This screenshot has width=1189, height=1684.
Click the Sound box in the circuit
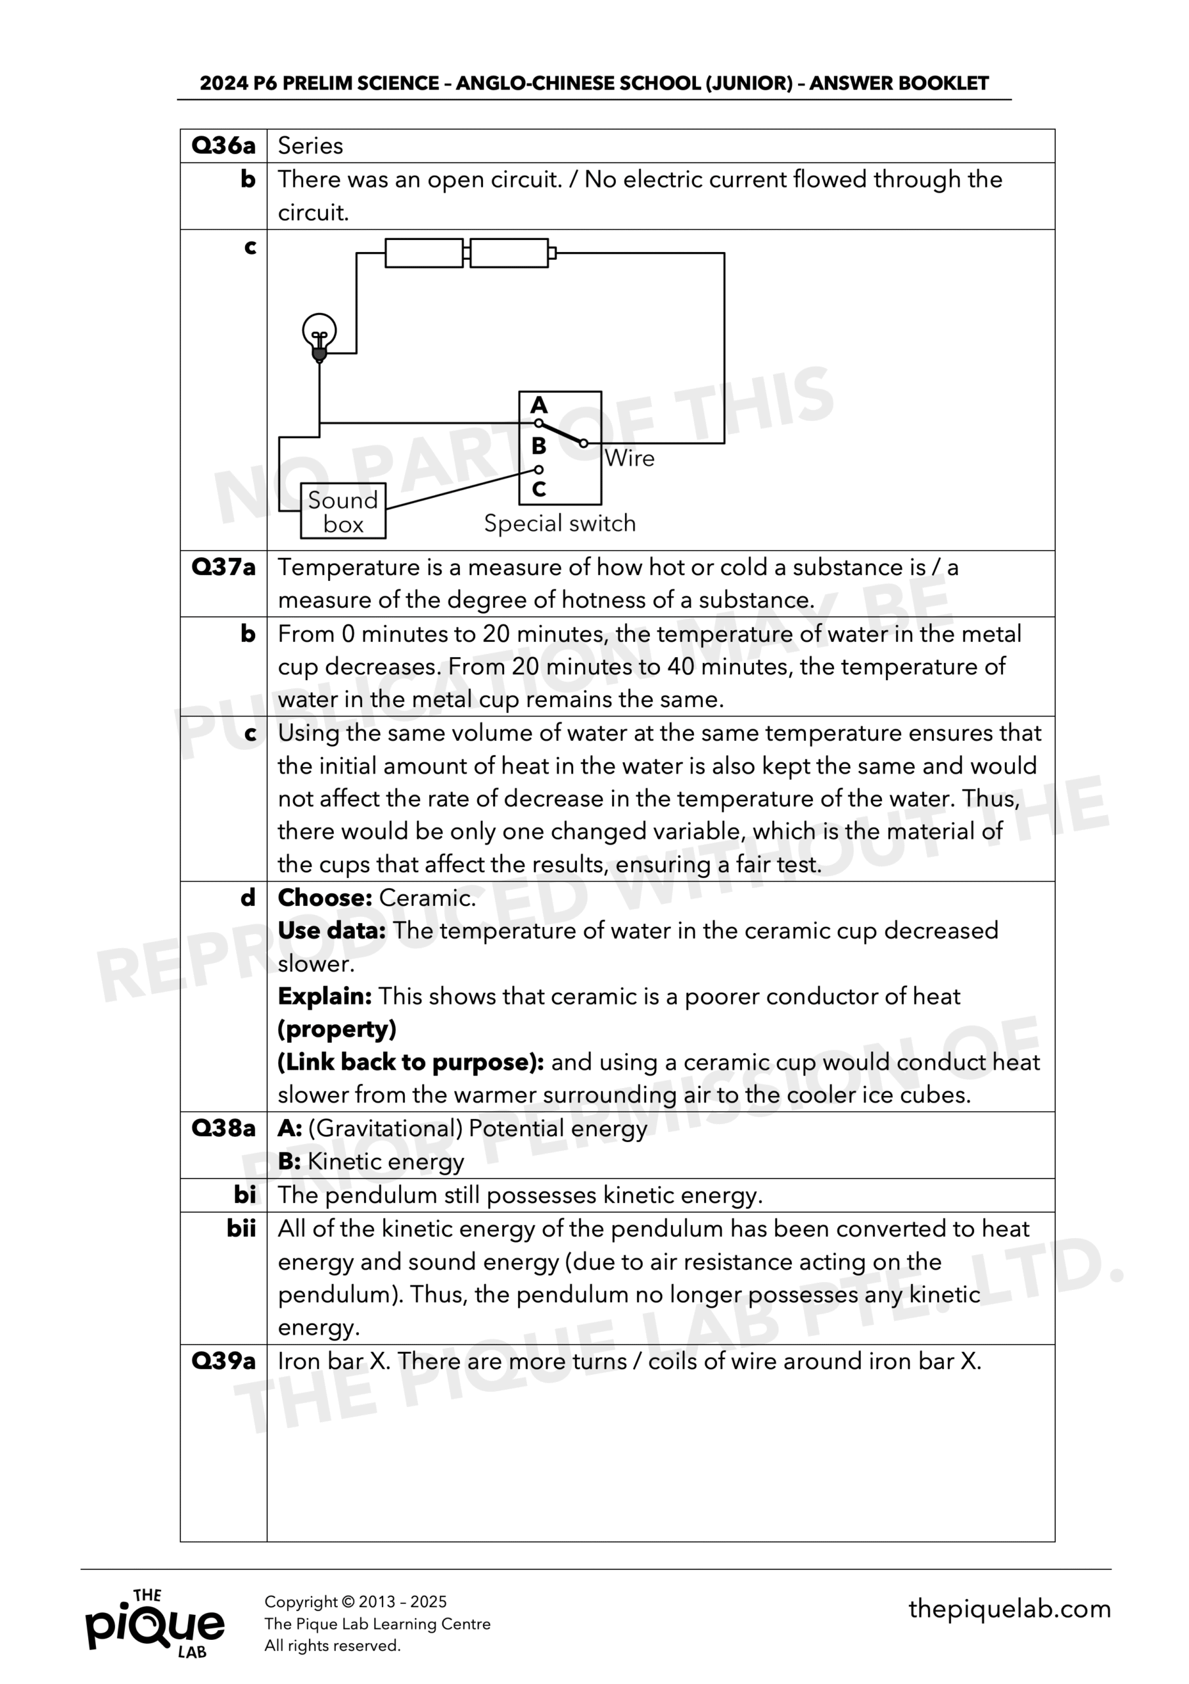[x=342, y=511]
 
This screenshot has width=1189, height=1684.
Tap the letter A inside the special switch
[x=539, y=404]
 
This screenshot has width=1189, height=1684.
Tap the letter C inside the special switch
[x=539, y=489]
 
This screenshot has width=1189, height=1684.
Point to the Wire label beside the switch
[x=629, y=458]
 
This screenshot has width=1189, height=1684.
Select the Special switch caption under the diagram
[x=559, y=523]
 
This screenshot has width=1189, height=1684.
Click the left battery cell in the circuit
[x=424, y=253]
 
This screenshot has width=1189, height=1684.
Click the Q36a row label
[x=223, y=146]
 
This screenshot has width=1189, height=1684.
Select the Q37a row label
[x=223, y=567]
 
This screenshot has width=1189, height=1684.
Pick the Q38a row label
[x=223, y=1128]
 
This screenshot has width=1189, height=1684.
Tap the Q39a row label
[x=223, y=1361]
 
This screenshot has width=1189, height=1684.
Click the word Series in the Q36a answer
[x=310, y=146]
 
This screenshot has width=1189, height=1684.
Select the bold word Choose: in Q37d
[x=325, y=898]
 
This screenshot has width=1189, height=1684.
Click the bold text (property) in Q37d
[x=337, y=1029]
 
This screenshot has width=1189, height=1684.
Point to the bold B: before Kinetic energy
[x=290, y=1161]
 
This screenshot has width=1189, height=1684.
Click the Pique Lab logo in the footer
[x=154, y=1625]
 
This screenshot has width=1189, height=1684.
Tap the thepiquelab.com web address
[x=1009, y=1609]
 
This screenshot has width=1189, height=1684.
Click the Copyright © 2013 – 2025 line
[x=355, y=1602]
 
